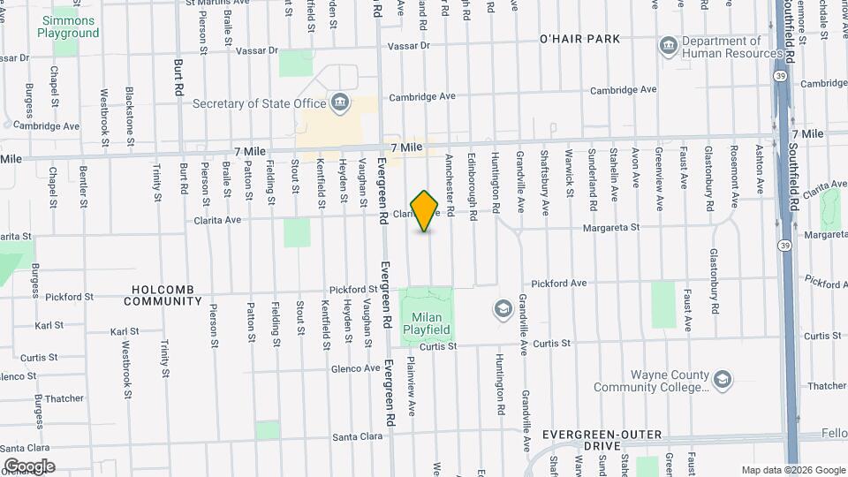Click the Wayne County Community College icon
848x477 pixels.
click(723, 380)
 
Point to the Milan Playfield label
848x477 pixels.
click(427, 324)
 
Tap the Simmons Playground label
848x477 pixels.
click(68, 26)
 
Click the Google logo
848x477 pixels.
click(28, 466)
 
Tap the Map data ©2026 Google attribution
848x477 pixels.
click(792, 470)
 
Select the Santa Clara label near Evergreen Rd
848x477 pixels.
click(357, 437)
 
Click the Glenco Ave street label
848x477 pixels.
click(356, 368)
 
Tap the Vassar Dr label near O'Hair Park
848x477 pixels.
click(408, 45)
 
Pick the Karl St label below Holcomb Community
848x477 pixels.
click(125, 331)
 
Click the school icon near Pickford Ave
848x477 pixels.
click(503, 308)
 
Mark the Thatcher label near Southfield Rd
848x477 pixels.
click(826, 386)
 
